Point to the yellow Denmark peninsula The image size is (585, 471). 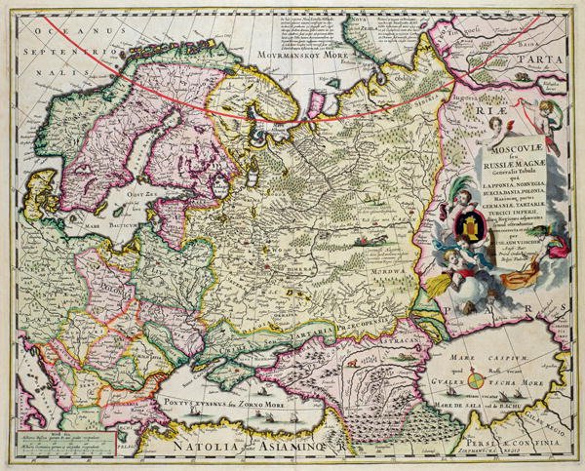coord(49,195)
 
